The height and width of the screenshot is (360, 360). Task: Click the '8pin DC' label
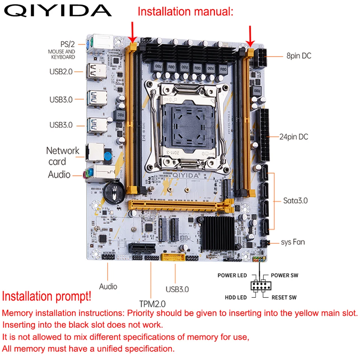pyautogui.click(x=298, y=56)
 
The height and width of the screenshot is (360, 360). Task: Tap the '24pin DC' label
pyautogui.click(x=294, y=136)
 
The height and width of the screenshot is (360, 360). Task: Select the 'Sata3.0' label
pyautogui.click(x=295, y=200)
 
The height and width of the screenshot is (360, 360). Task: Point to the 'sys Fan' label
pyautogui.click(x=293, y=242)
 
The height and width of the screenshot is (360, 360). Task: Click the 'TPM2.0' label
pyautogui.click(x=152, y=303)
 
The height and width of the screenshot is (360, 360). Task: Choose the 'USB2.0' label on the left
pyautogui.click(x=61, y=71)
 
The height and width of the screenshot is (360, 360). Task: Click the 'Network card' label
pyautogui.click(x=62, y=156)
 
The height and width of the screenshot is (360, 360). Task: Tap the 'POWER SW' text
pyautogui.click(x=285, y=276)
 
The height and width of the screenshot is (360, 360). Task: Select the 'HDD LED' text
pyautogui.click(x=236, y=297)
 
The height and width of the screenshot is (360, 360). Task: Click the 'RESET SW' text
pyautogui.click(x=284, y=297)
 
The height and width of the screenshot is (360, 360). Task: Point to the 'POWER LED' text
pyautogui.click(x=232, y=276)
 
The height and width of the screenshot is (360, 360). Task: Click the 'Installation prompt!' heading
pyautogui.click(x=46, y=296)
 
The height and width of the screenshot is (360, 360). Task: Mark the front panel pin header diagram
pyautogui.click(x=259, y=286)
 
